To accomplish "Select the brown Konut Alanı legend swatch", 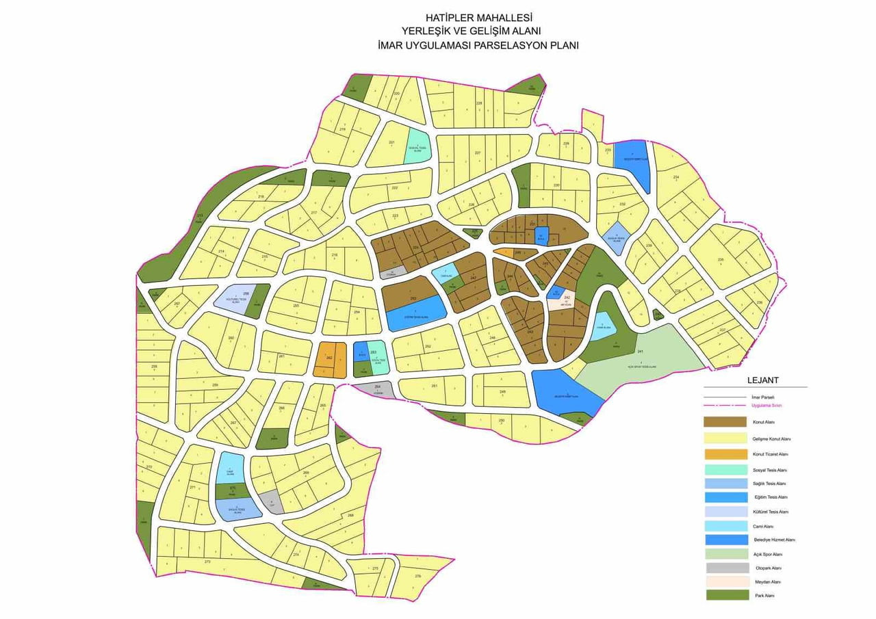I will click(x=725, y=422).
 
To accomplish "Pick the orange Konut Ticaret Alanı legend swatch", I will click(x=725, y=454).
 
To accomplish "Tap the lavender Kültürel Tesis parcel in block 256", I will click(x=233, y=298).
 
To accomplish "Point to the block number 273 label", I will click(x=207, y=562).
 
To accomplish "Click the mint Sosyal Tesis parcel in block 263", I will click(x=378, y=356).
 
